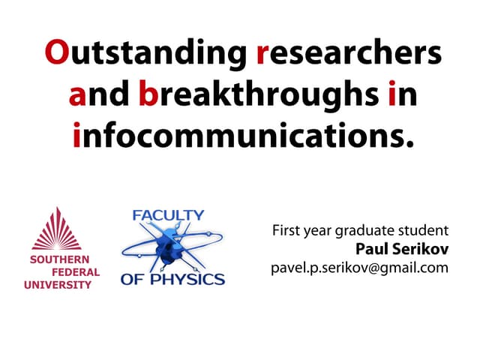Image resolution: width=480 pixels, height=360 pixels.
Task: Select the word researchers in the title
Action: [x=349, y=55]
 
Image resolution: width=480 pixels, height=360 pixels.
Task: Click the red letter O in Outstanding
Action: [x=58, y=55]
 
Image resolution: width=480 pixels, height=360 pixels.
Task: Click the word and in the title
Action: [x=100, y=96]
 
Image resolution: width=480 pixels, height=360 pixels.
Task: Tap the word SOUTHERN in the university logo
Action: [x=58, y=261]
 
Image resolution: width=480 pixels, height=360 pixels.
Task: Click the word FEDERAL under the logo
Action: [x=75, y=272]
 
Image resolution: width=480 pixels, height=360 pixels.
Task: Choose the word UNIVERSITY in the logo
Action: [x=58, y=284]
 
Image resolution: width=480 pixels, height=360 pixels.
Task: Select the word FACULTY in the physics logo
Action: [x=168, y=215]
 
